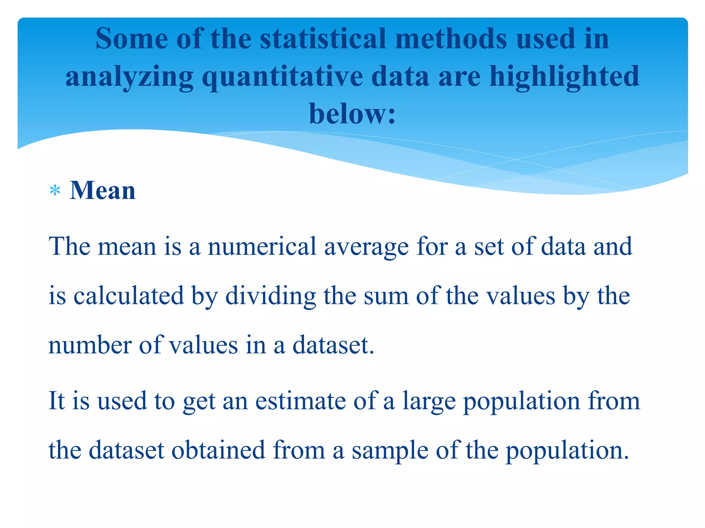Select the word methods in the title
451,38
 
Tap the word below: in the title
352,114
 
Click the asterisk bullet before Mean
55,190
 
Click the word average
366,247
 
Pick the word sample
390,450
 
